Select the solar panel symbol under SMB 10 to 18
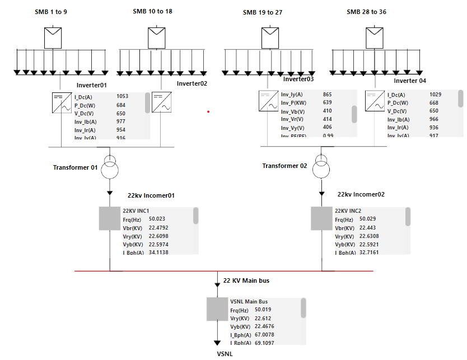157,38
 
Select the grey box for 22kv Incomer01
110,218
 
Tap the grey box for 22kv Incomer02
321,218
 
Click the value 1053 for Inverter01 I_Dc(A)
122,96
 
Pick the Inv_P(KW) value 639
328,102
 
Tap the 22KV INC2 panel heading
348,211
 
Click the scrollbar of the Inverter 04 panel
460,99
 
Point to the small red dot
208,111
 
